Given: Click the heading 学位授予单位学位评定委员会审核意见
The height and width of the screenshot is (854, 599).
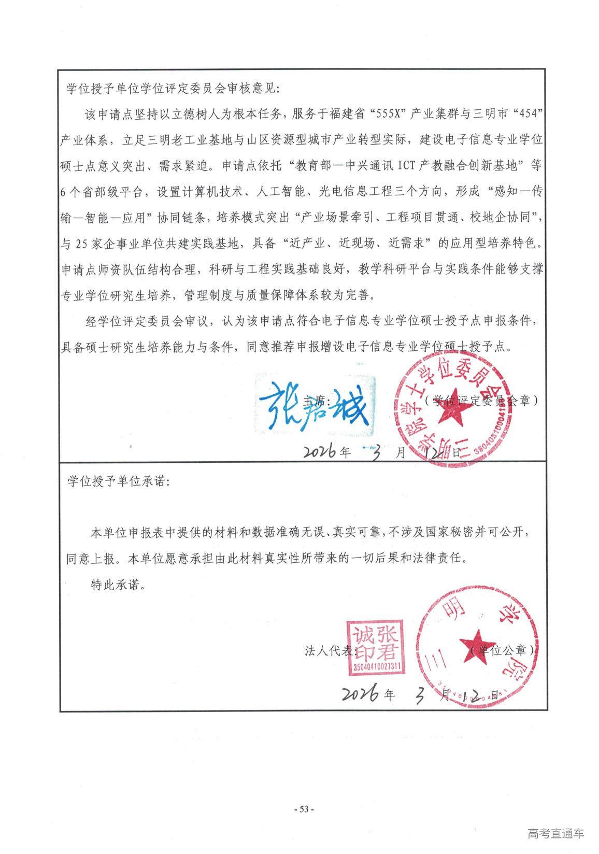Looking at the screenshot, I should point(173,89).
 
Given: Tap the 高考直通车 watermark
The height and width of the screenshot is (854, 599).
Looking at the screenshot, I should point(555,834).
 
